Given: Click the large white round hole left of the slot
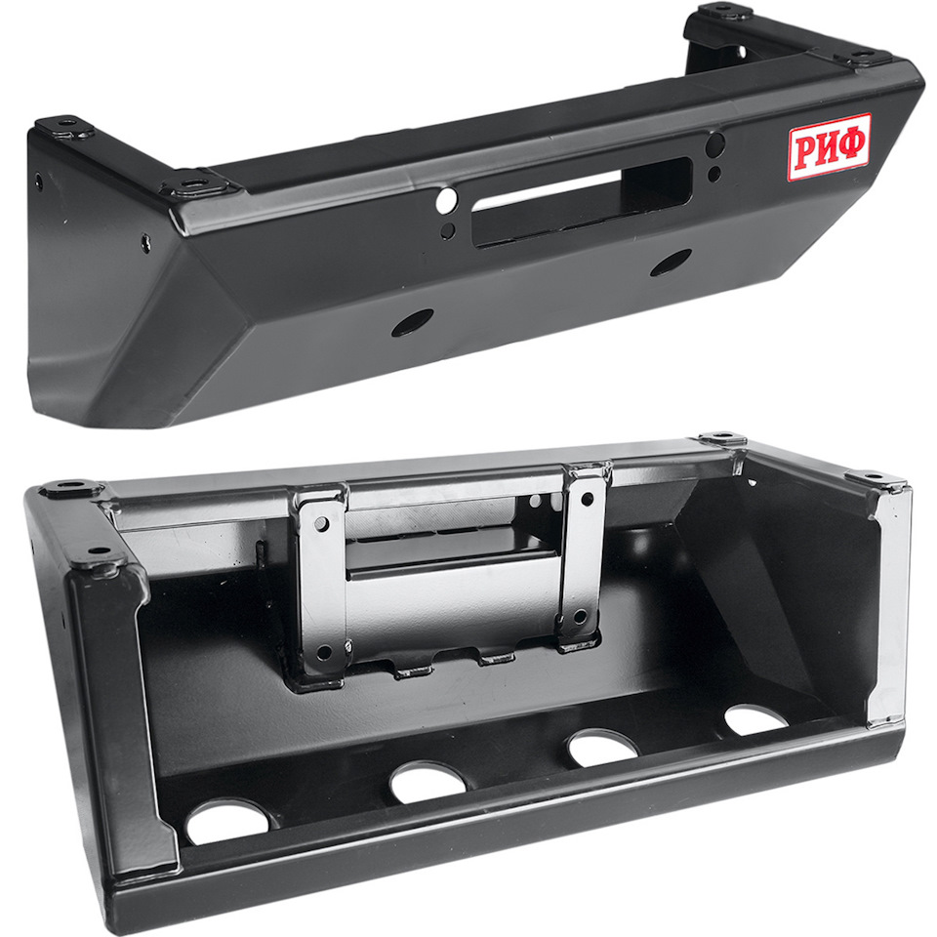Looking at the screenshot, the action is (446, 201).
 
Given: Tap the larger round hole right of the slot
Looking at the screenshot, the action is (714, 144).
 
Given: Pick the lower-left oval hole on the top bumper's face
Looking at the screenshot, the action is (412, 323).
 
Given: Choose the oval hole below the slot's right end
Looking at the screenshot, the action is (671, 263).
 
